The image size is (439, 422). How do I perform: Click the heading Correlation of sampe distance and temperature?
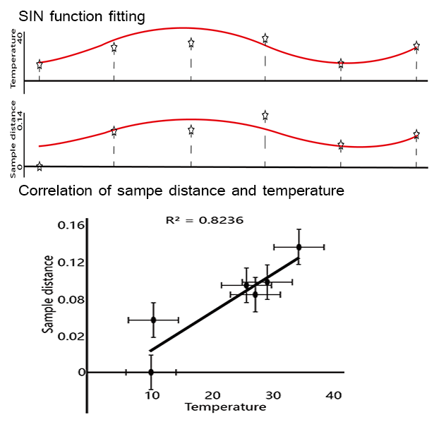(x=181, y=190)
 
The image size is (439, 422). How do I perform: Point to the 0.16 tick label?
(x=71, y=225)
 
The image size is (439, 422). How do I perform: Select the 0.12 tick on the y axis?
(x=71, y=263)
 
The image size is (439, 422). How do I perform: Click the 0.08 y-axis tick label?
(x=71, y=299)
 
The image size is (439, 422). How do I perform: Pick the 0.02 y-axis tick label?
(x=71, y=336)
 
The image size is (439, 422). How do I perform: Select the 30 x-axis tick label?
(x=273, y=395)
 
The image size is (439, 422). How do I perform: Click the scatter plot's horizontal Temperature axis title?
(x=225, y=407)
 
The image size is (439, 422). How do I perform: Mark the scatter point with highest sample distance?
(x=299, y=246)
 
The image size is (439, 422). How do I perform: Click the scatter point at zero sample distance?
(x=151, y=372)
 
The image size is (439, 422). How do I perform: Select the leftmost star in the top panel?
(x=39, y=65)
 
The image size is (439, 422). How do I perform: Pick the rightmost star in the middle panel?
(x=416, y=134)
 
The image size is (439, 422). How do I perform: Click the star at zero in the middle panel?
(x=39, y=167)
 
